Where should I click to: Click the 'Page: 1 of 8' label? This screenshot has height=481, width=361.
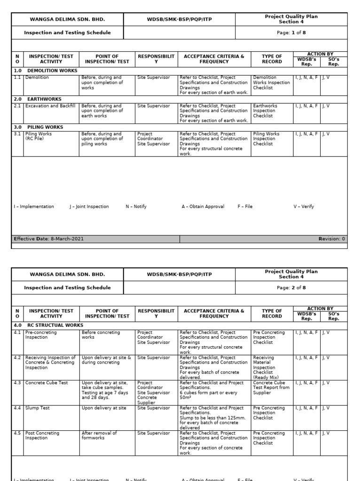(291, 32)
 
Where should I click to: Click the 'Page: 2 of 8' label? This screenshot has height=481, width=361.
(291, 287)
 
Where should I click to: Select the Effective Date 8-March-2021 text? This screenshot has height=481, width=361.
(49, 239)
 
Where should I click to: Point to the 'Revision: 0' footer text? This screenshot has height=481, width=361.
(331, 239)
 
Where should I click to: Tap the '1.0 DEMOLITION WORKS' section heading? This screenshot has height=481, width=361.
(46, 70)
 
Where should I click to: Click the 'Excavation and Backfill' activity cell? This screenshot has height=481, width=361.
(50, 106)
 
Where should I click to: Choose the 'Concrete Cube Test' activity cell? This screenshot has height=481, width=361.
(47, 383)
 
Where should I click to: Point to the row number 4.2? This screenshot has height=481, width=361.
(17, 357)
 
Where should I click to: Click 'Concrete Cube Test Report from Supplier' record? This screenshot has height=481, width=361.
(271, 388)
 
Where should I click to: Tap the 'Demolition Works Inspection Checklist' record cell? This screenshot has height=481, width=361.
(270, 83)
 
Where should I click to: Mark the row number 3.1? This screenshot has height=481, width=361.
(17, 134)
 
